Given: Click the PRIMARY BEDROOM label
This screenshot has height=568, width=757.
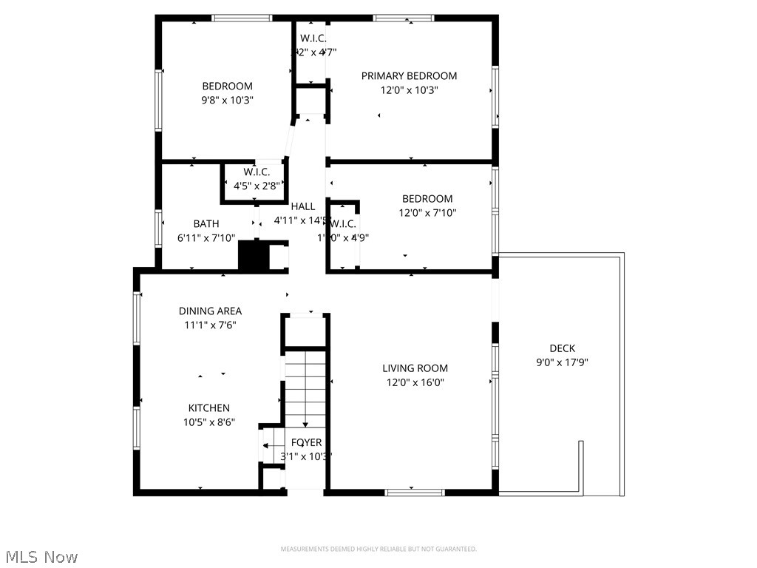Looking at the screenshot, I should (409, 75).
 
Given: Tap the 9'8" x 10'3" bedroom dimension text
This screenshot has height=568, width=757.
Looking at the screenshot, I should (228, 100).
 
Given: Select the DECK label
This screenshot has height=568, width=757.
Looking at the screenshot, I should (562, 348).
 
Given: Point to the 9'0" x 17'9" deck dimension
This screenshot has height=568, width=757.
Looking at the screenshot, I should (562, 362).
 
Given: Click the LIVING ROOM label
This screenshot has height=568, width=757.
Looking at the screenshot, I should (415, 368).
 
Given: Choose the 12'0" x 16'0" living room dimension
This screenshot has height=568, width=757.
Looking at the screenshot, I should (415, 382).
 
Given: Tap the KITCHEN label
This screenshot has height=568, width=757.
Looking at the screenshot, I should (208, 408).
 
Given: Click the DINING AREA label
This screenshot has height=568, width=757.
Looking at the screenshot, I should (210, 311).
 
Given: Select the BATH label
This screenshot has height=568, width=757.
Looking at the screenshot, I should (206, 223).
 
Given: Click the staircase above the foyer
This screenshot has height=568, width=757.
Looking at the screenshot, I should (305, 388).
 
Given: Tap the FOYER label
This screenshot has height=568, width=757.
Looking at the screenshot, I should (306, 442).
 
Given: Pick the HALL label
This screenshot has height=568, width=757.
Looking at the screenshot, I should (302, 206).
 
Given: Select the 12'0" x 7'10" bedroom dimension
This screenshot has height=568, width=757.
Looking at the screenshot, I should (427, 213).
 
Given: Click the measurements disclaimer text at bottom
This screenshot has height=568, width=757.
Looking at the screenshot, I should (378, 549).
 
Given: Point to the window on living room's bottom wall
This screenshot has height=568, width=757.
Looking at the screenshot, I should (414, 492).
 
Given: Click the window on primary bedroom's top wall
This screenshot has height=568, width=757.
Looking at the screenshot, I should (403, 18).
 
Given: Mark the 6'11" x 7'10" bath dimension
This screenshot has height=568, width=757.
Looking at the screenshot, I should (206, 238).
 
